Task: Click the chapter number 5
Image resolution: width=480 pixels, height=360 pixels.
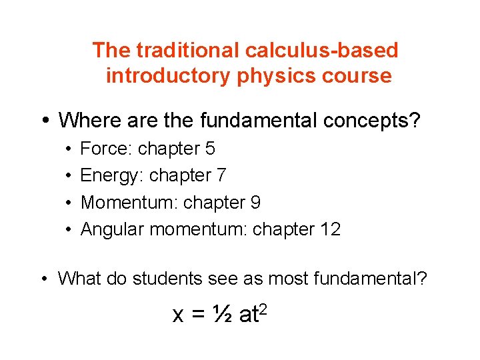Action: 210,149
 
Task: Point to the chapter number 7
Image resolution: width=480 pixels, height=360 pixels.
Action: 221,175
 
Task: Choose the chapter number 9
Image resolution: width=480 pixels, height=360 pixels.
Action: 255,202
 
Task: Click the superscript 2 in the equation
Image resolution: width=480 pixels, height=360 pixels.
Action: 264,308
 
